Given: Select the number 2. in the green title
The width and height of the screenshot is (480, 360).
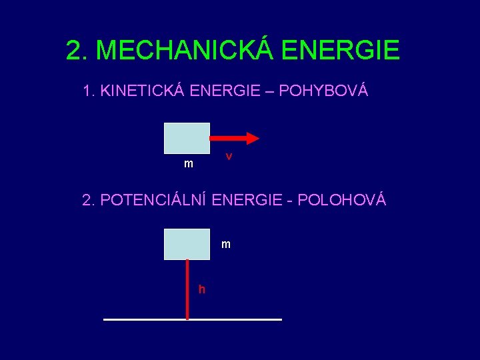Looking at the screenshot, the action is click(x=78, y=50).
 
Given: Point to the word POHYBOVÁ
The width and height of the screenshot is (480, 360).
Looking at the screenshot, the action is click(x=323, y=91).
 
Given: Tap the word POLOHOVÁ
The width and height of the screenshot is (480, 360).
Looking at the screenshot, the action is click(x=342, y=200).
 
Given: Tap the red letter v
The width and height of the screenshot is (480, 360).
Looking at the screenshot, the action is click(x=229, y=156).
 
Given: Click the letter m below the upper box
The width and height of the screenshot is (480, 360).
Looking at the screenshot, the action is click(x=189, y=164).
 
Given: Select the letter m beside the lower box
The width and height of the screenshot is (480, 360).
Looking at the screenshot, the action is click(x=226, y=245).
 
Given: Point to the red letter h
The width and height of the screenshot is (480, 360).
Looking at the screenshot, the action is click(x=201, y=289).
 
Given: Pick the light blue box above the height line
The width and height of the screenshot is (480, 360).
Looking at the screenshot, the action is click(x=187, y=243).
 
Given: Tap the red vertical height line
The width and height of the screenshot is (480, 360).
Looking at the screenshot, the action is click(x=187, y=290).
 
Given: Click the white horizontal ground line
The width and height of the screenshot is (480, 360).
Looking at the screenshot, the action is click(x=233, y=320).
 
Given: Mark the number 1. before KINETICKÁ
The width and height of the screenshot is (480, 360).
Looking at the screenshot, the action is click(x=89, y=91).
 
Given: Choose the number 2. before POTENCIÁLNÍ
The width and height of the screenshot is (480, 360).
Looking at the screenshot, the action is click(x=89, y=200).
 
